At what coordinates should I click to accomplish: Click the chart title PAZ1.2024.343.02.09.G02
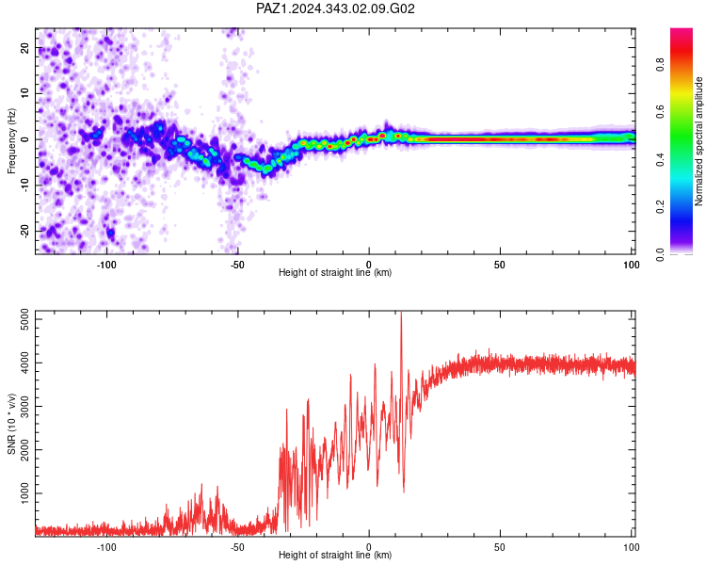click(335, 8)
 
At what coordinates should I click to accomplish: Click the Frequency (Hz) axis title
click(11, 141)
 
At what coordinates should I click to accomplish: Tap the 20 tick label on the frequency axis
click(24, 47)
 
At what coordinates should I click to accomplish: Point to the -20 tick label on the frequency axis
click(24, 231)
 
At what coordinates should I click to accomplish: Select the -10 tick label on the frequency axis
click(24, 186)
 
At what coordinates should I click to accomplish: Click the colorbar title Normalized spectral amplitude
click(698, 141)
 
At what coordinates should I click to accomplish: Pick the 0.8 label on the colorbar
click(660, 64)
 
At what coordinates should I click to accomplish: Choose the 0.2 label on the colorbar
click(660, 207)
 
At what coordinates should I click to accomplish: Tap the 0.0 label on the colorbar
click(660, 254)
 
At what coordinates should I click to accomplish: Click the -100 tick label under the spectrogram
click(106, 265)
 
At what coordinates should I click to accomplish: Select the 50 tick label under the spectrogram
click(500, 265)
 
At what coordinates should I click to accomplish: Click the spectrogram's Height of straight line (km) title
click(335, 272)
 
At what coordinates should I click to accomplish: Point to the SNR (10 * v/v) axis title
click(11, 424)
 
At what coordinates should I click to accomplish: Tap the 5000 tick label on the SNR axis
click(24, 319)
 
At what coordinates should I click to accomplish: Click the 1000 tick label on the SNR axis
click(24, 493)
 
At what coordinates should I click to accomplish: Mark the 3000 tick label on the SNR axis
click(24, 407)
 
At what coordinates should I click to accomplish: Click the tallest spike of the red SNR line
click(401, 313)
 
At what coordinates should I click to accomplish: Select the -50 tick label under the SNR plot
click(237, 547)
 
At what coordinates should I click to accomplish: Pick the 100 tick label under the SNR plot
click(632, 547)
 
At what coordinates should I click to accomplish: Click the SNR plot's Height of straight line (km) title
click(335, 555)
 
